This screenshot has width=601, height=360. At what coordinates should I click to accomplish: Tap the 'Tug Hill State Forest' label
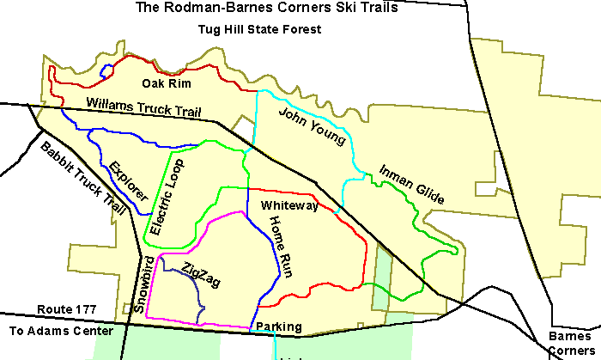pos(258,29)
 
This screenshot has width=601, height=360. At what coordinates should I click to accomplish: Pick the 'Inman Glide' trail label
pos(411,183)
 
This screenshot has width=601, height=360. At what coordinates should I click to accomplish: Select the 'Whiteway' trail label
pos(289,206)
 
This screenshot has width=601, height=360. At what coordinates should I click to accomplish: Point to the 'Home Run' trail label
pos(281,248)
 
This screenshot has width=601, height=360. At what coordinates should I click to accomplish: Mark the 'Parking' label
pos(278,327)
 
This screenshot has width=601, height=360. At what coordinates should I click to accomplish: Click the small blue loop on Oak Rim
pos(106,72)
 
